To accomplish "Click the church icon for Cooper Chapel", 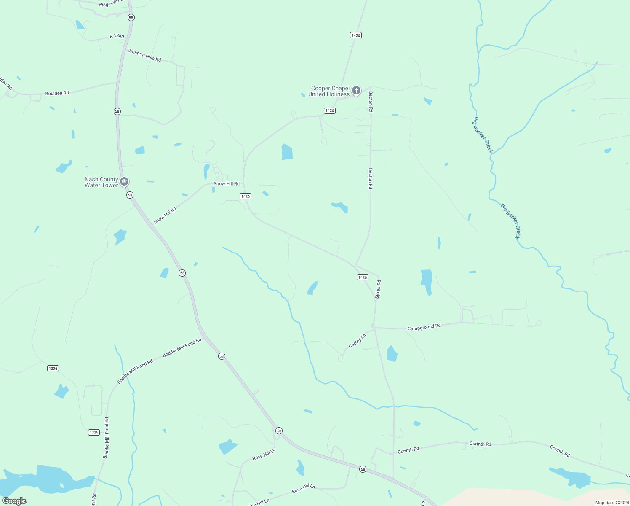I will [356, 90].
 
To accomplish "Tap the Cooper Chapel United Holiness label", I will [330, 92].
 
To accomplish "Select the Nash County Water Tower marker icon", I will [124, 182].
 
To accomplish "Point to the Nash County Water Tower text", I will [101, 182].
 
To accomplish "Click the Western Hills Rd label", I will [144, 56].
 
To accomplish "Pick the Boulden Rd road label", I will [57, 93].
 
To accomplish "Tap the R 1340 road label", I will [117, 36].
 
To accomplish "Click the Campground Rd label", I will [424, 327].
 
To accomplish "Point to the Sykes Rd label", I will [378, 290].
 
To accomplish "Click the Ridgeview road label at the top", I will [112, 4].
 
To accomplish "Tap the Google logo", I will [14, 501].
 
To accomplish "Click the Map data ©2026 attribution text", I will [611, 503].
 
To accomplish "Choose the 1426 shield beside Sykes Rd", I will [362, 277].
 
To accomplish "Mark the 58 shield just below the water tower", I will [130, 195].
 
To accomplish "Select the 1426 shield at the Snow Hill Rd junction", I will [246, 196].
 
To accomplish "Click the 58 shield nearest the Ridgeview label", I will [131, 18].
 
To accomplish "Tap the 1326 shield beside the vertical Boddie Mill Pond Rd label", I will [94, 432].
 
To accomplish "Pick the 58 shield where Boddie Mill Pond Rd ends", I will [222, 356].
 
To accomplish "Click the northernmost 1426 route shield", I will [356, 35].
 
